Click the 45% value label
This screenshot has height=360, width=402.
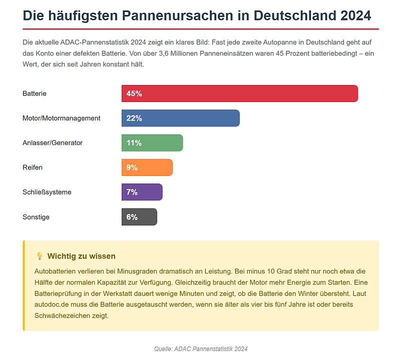(134, 93)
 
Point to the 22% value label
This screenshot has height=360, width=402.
(134, 118)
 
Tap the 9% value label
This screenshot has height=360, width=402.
(132, 167)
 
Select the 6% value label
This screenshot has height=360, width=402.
(132, 216)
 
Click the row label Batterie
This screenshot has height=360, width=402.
(35, 93)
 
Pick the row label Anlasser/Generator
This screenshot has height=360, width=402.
(53, 142)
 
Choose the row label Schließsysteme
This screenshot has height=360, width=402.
(47, 192)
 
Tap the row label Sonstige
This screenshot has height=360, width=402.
(36, 216)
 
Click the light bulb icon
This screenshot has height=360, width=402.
(40, 256)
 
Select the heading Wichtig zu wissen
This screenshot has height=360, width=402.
(82, 256)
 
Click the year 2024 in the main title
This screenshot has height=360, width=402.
(355, 15)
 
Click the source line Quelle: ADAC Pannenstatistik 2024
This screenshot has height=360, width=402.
(201, 348)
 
